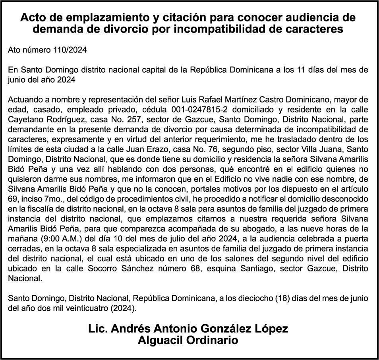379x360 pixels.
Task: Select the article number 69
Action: point(13,199)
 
